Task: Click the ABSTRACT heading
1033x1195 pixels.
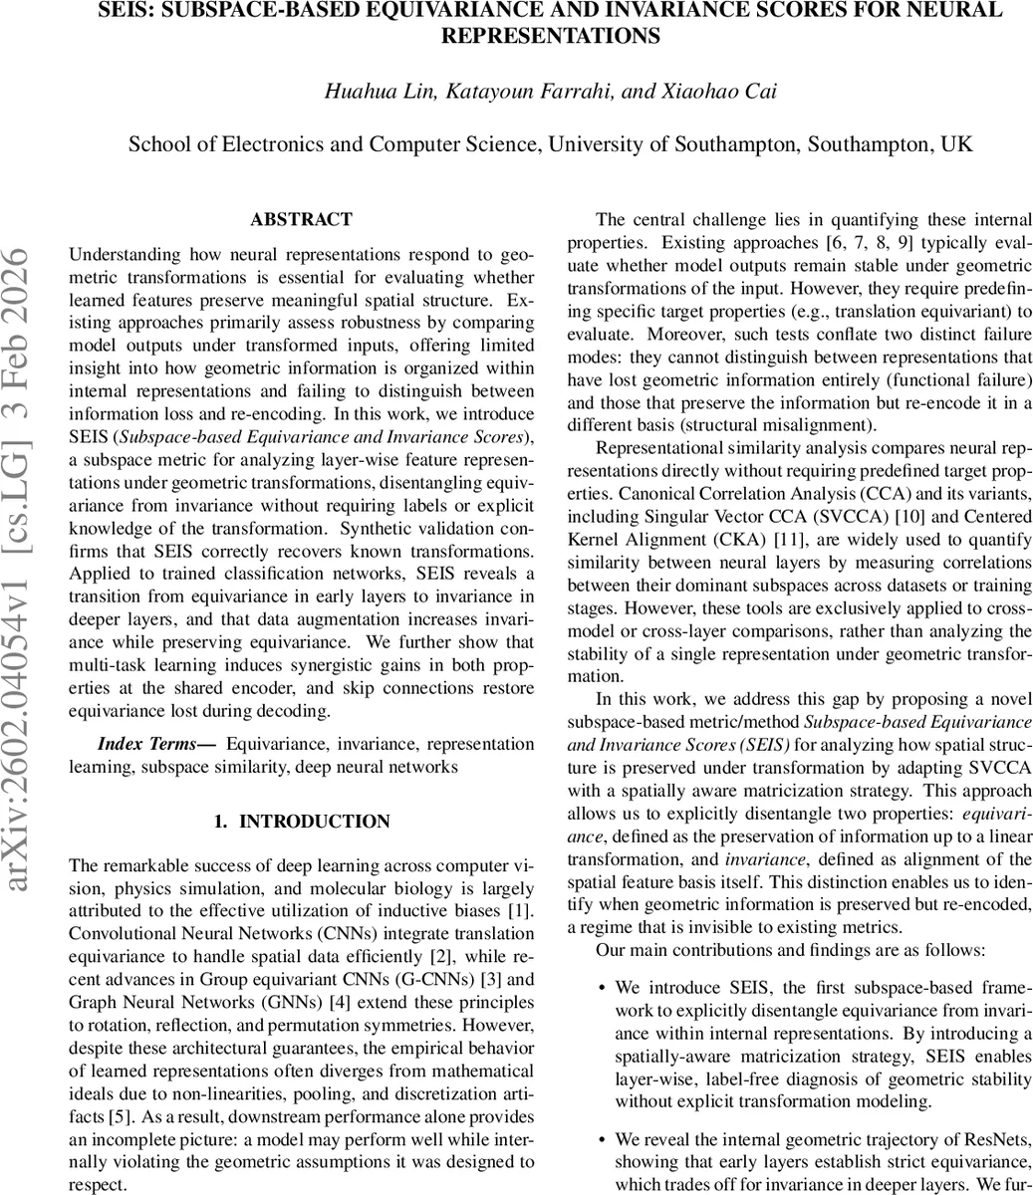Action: pos(301,219)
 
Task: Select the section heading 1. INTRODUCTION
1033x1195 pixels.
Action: pos(302,822)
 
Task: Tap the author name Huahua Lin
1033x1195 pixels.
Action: pos(367,92)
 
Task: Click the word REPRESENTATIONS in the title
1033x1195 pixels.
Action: pos(550,37)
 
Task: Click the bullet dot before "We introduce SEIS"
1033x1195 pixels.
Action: pos(602,988)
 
